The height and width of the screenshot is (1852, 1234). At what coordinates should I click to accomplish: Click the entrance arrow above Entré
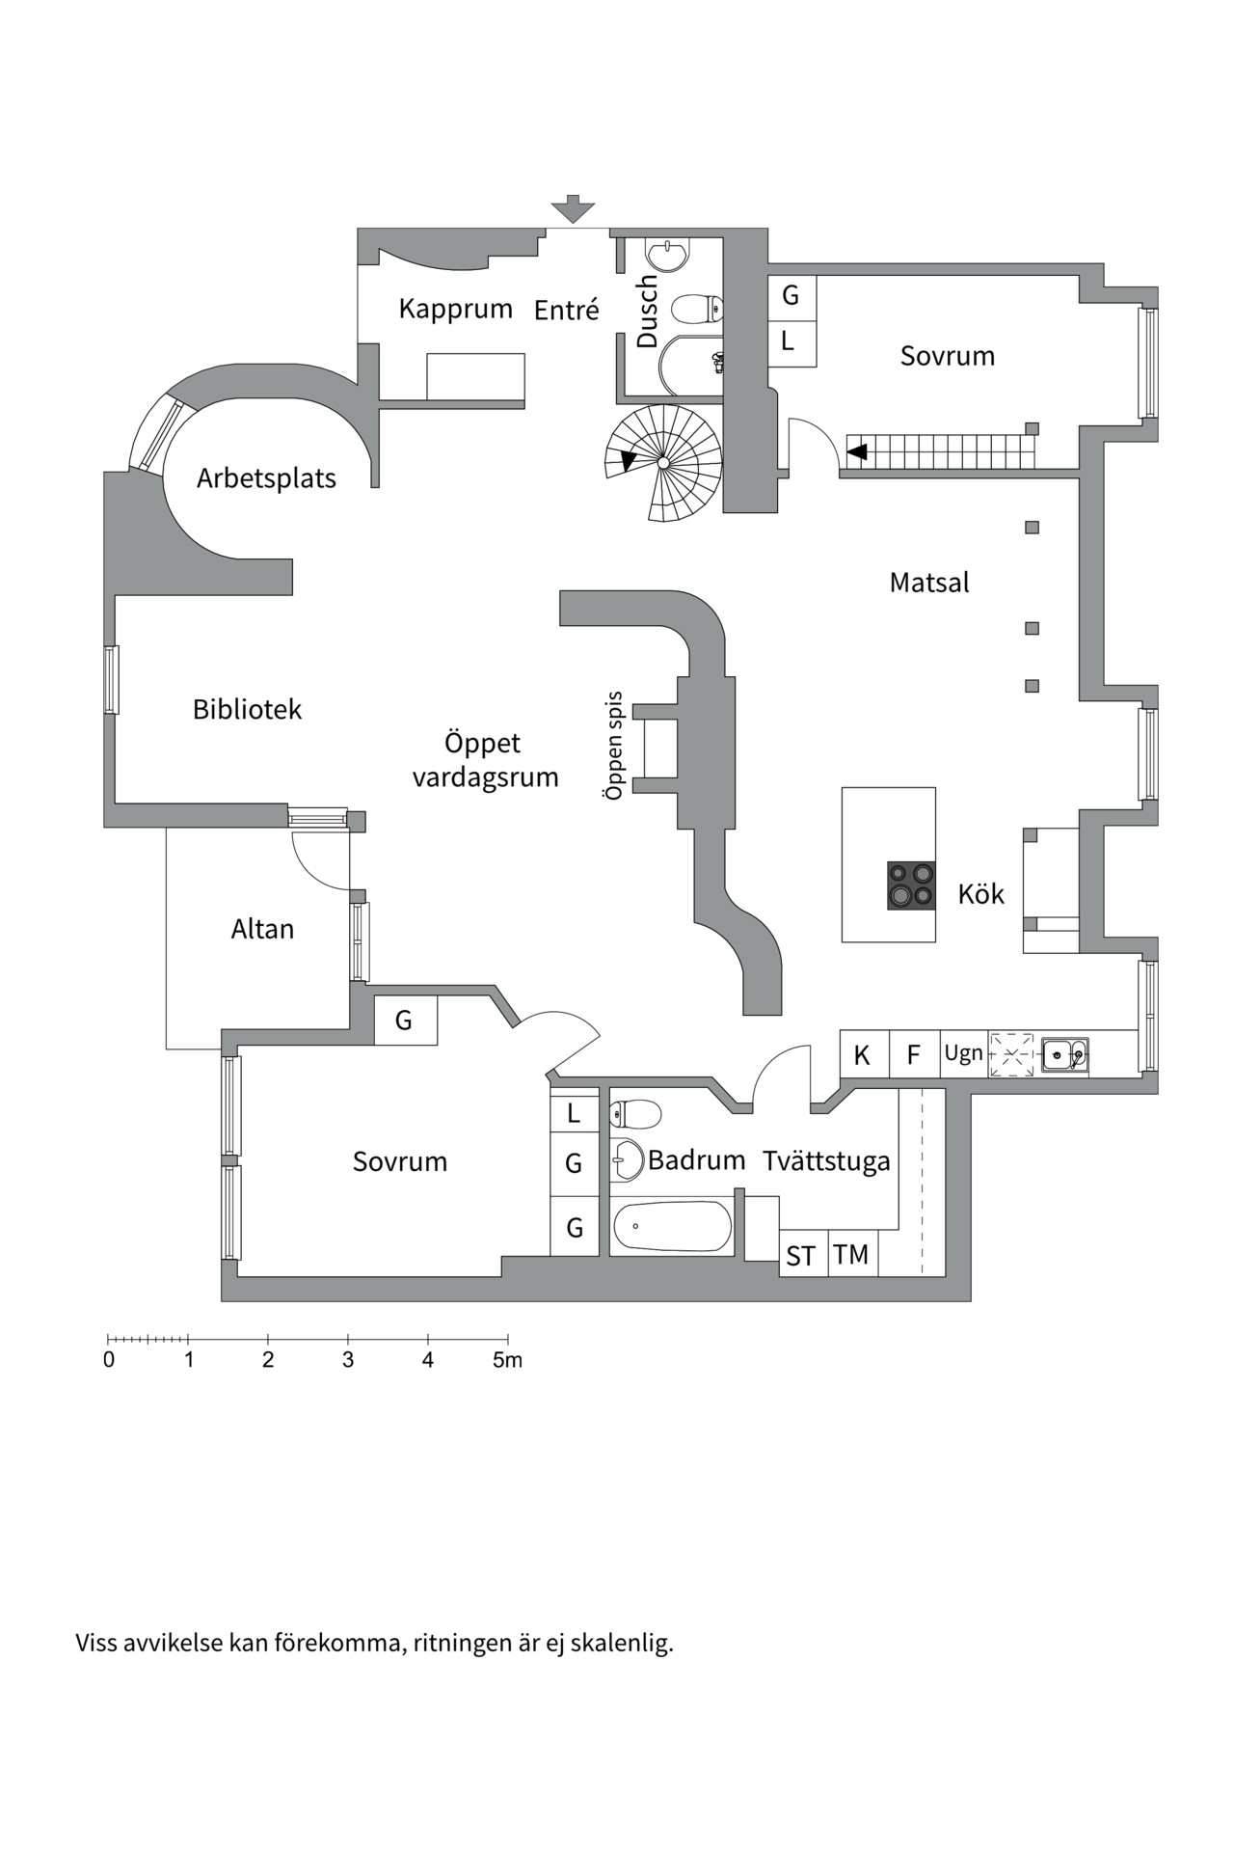pos(573,208)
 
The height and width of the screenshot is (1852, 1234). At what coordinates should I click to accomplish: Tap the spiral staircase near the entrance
pos(663,462)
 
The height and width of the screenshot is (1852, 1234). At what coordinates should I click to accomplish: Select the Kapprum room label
pos(455,309)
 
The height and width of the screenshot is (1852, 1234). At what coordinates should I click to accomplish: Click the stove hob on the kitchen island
pos(911,885)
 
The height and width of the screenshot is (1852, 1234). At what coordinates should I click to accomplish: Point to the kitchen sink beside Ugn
pos(1064,1054)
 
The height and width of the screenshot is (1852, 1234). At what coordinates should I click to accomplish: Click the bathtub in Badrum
pos(672,1226)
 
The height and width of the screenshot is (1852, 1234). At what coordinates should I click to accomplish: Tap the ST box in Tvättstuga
pos(801,1256)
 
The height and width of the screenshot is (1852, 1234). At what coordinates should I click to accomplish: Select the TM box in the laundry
pos(851,1255)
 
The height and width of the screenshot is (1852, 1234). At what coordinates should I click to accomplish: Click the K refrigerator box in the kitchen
pos(862,1055)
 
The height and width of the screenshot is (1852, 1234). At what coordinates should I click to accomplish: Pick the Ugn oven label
pos(963,1053)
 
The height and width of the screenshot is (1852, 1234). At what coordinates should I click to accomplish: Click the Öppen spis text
pos(614,746)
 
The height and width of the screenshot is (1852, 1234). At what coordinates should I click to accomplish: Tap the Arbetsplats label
pos(266,478)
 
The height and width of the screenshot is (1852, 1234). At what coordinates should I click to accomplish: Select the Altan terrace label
pos(262,929)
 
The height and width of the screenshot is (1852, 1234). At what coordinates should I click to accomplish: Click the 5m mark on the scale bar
pos(507,1360)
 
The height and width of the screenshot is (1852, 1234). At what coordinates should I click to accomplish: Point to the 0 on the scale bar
pos(109,1360)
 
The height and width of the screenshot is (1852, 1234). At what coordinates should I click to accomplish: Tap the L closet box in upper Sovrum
pos(789,340)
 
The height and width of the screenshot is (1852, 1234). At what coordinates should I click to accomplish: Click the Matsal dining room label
pos(929,583)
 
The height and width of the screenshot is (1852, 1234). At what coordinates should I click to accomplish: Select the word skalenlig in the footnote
pos(621,1643)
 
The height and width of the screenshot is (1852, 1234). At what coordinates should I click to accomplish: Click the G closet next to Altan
pos(404,1020)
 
